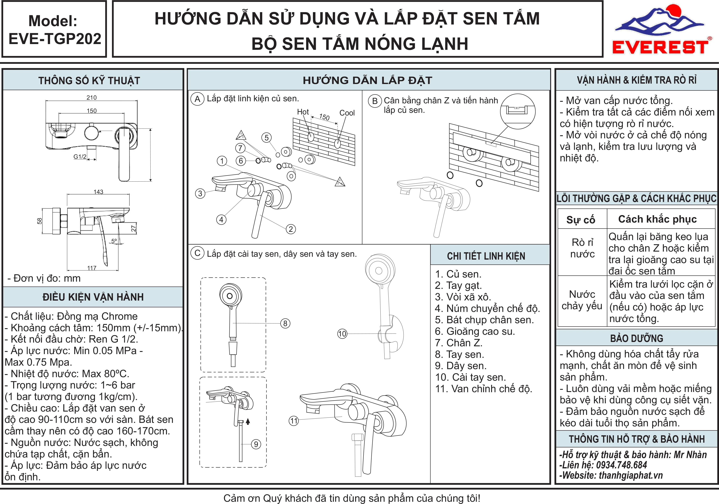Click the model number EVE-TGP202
(55, 39)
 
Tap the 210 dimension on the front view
(91, 97)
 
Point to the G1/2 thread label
(80, 156)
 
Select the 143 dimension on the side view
(98, 191)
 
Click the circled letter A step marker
(197, 99)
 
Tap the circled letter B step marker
(375, 101)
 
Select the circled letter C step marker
(197, 253)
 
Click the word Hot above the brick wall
(303, 112)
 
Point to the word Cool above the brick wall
(347, 113)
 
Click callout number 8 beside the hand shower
(285, 323)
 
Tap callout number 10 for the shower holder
(342, 334)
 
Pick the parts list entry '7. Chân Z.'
(459, 343)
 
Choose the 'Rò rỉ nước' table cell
(582, 248)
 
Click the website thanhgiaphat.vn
(631, 475)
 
